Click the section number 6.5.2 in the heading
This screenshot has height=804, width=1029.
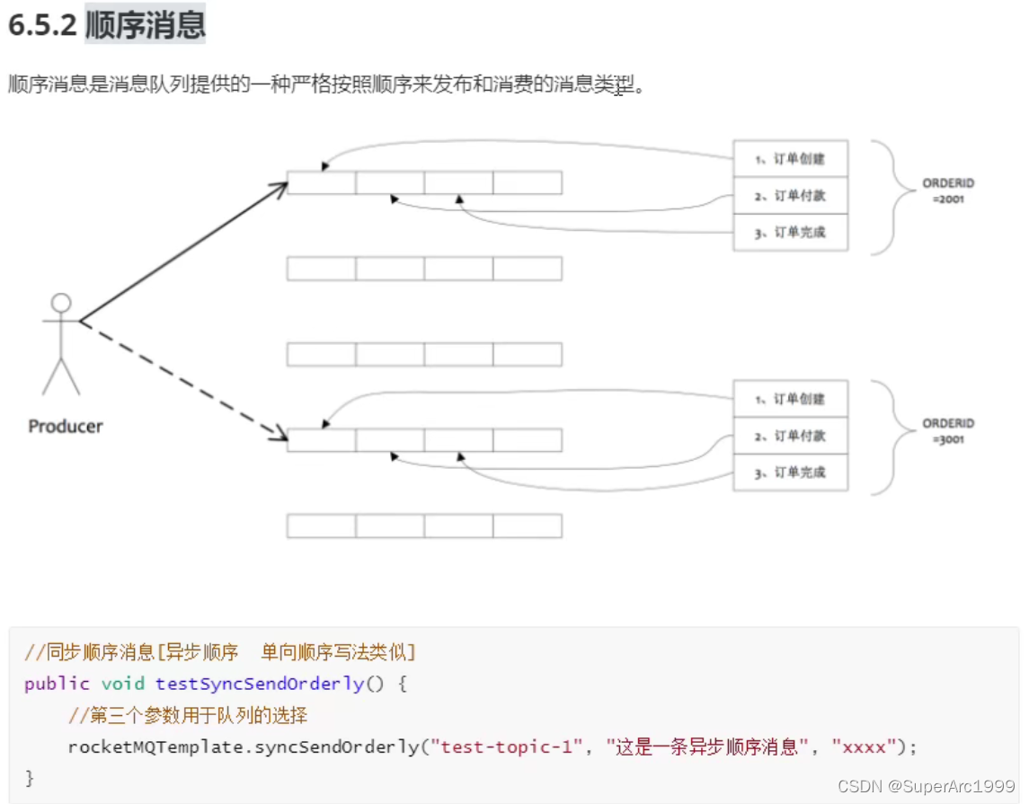point(42,25)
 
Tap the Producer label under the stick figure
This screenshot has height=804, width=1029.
point(66,427)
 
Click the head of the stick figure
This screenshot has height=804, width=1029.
point(61,303)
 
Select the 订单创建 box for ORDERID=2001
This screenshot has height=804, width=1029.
point(790,159)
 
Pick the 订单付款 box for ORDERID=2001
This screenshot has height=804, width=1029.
point(790,196)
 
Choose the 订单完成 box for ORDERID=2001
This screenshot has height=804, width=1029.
point(790,233)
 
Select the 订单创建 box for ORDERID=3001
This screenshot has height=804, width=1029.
point(790,399)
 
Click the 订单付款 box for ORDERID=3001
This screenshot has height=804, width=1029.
point(790,436)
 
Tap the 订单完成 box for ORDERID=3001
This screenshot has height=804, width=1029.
point(790,473)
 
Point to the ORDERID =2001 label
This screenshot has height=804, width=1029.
point(948,190)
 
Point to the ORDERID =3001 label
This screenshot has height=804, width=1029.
point(948,431)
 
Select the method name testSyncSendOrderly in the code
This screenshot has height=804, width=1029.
point(260,684)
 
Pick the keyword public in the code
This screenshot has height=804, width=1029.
point(57,684)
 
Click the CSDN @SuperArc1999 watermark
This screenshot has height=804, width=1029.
point(926,786)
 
